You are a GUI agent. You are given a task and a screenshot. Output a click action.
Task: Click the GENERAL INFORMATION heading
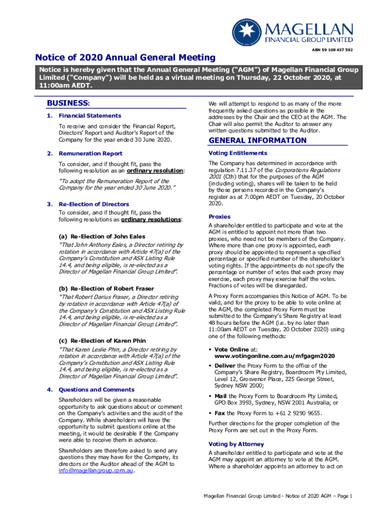251,140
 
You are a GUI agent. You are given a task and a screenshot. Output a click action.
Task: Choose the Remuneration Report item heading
90,153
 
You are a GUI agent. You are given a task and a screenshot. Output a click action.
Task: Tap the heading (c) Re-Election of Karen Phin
103,341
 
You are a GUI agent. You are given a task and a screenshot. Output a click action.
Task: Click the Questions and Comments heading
96,390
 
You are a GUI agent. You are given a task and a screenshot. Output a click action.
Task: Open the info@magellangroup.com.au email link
96,470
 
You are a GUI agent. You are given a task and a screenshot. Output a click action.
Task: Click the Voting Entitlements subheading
238,153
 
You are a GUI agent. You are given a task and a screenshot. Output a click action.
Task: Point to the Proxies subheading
220,217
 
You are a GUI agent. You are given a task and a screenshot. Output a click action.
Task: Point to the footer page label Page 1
342,496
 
